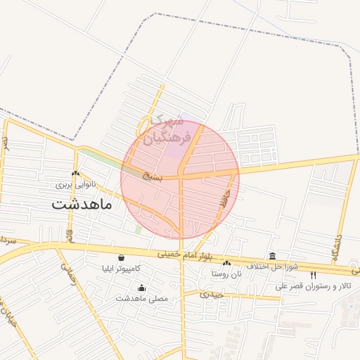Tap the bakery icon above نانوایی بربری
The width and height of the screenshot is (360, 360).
click(75, 174)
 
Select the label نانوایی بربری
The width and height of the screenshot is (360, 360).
click(75, 185)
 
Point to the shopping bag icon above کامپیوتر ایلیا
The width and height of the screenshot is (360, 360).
click(122, 257)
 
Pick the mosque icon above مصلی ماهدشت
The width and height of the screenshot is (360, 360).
click(142, 287)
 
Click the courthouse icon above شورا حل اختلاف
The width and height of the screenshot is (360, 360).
click(272, 255)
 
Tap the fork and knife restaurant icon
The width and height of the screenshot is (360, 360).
click(314, 275)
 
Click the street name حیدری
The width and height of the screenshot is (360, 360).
click(212, 294)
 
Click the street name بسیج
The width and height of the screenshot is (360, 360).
click(150, 176)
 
